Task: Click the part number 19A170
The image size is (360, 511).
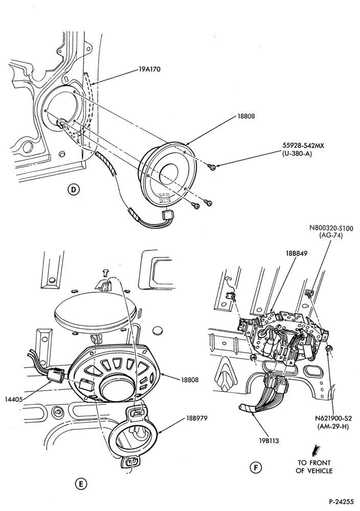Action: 149,69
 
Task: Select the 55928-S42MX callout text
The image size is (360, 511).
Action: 303,146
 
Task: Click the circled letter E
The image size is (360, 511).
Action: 81,483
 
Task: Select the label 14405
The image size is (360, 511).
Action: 14,399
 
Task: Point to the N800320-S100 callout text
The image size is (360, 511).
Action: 331,228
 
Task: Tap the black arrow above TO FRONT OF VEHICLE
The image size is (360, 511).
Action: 316,450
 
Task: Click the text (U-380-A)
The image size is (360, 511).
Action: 297,154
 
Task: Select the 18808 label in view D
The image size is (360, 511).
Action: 246,116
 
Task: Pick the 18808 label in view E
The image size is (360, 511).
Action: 190,380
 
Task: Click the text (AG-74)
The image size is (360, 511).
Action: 331,236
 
